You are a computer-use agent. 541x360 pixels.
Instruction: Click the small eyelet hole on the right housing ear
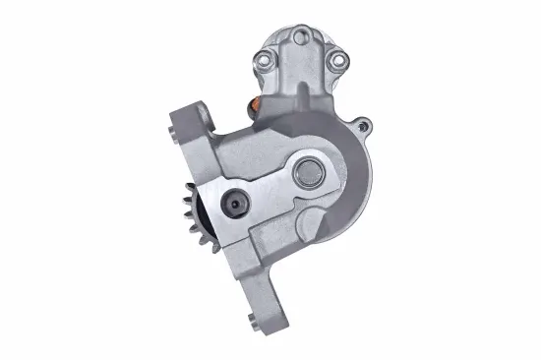(366, 125)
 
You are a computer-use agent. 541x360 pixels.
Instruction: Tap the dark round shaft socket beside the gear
(233, 204)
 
